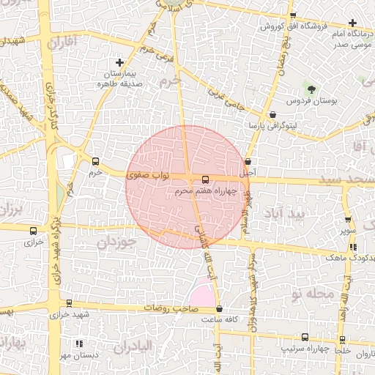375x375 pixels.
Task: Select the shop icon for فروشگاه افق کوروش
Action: point(293,16)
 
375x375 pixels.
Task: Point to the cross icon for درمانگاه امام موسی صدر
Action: point(353,23)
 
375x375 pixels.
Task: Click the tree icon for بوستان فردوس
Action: point(313,89)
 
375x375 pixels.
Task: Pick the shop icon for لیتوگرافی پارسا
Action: point(272,115)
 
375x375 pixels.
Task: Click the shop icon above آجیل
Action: point(248,162)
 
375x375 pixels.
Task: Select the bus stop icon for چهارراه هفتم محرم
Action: point(206,179)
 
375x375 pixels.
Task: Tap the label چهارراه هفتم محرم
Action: point(206,191)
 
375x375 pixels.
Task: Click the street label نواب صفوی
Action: point(149,175)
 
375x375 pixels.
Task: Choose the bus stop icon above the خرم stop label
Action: point(94,161)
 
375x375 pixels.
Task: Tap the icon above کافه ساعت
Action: point(220,309)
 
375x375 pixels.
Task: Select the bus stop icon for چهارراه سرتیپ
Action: point(305,337)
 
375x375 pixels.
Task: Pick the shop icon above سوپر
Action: point(347,219)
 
